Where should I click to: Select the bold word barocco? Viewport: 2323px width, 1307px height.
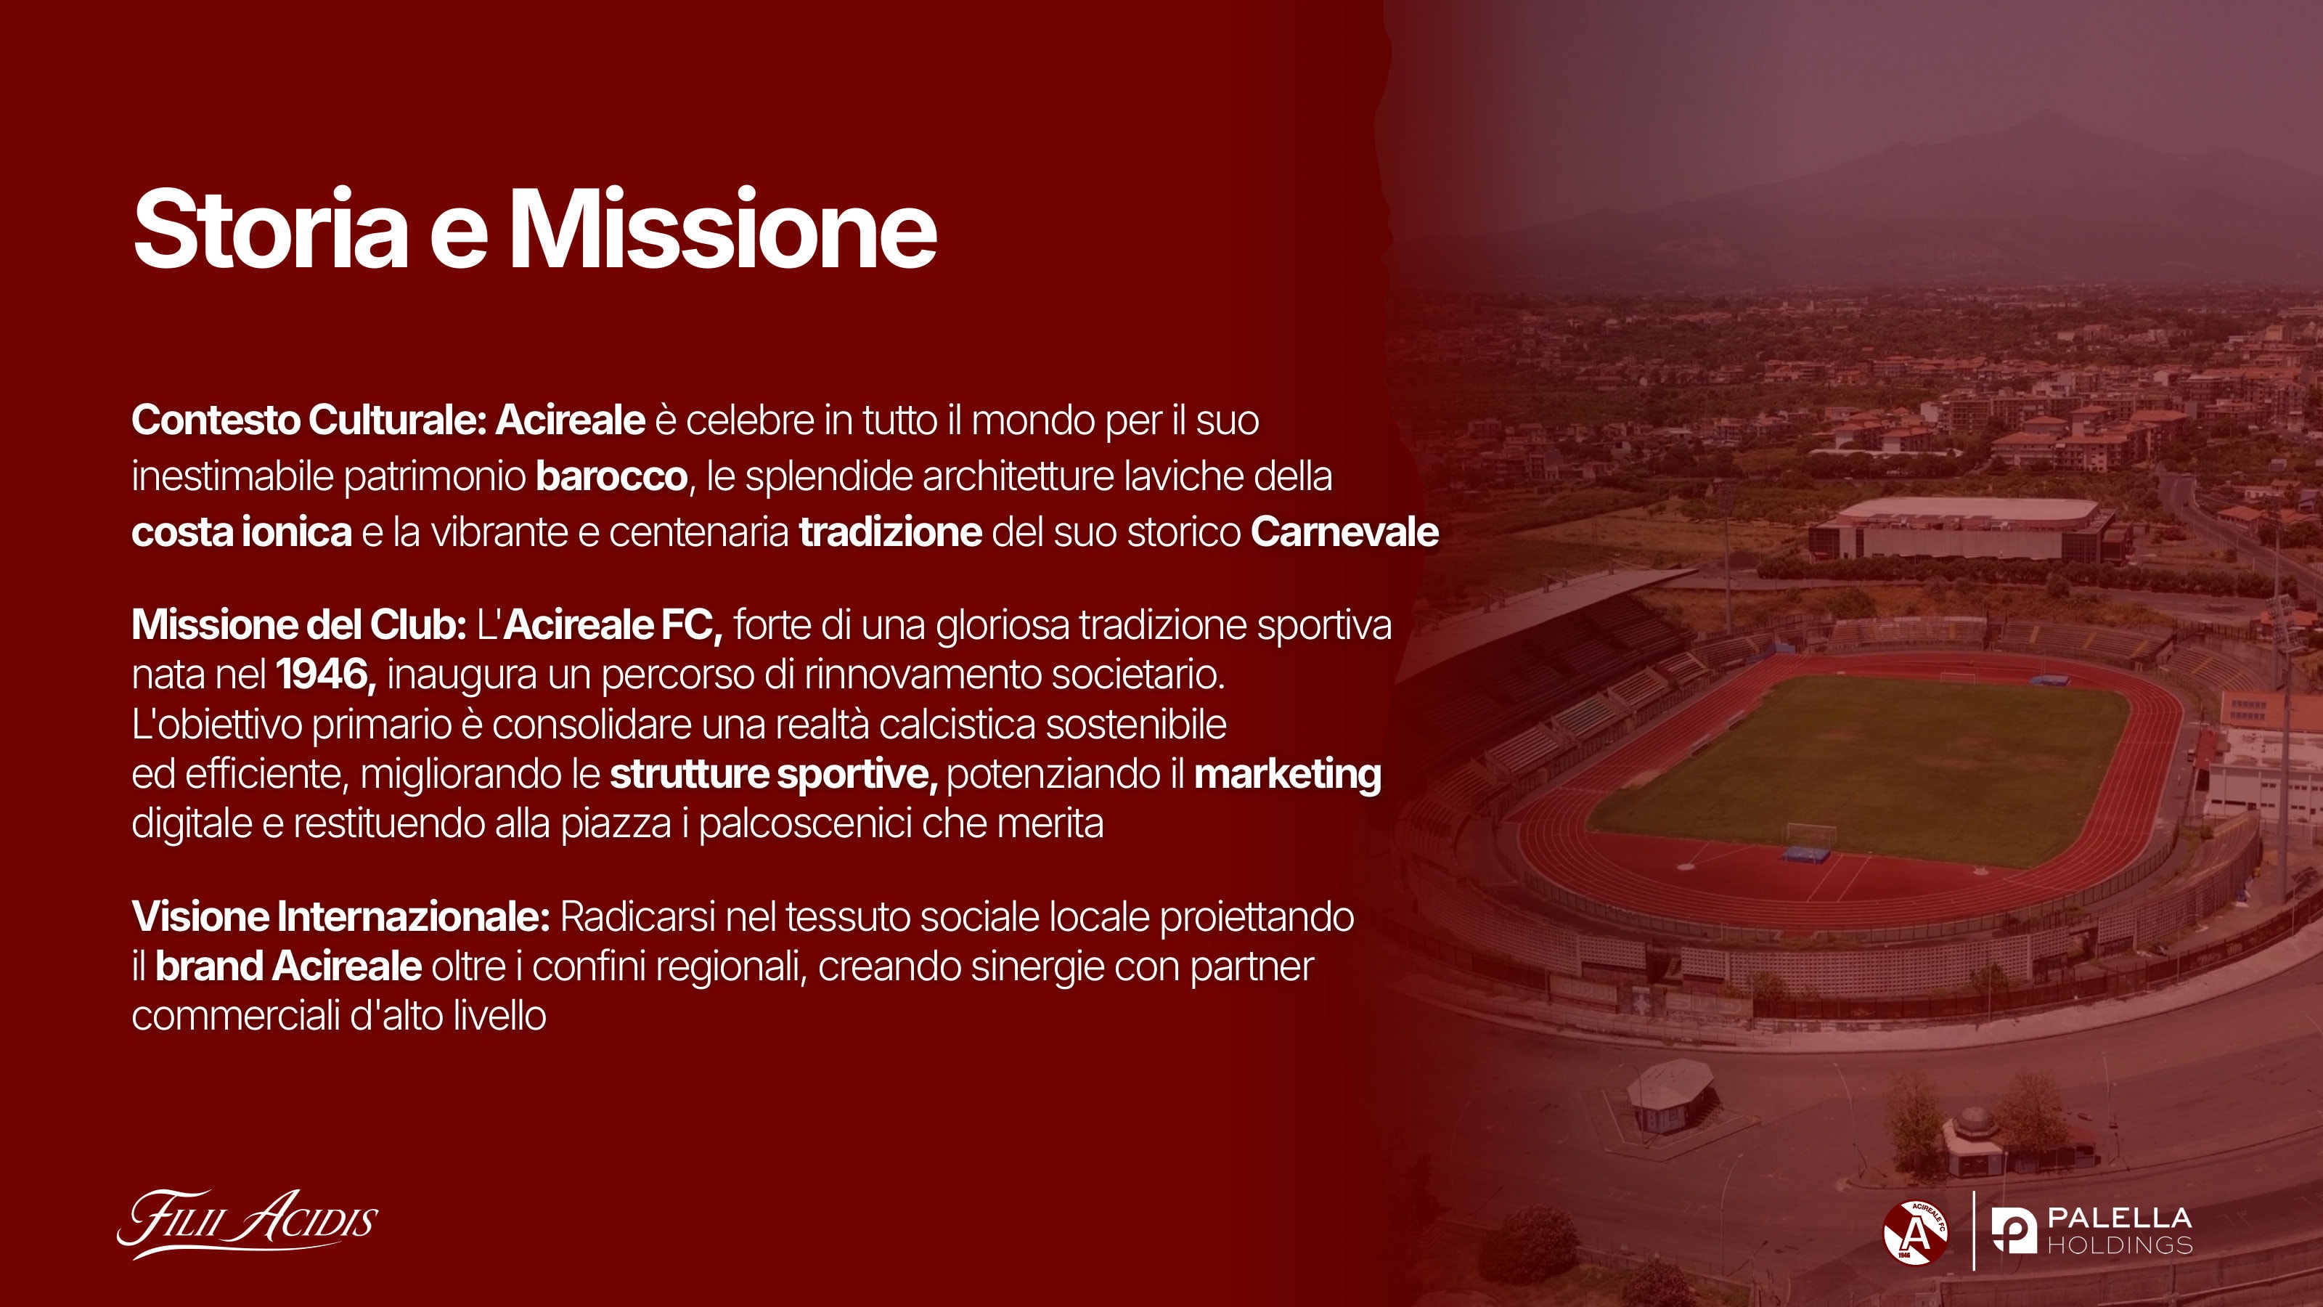(x=611, y=476)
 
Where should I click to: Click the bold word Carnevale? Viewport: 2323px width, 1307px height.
(x=1344, y=532)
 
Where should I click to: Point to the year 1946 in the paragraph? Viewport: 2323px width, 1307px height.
(x=325, y=675)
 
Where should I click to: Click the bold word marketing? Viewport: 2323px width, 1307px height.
(x=1288, y=775)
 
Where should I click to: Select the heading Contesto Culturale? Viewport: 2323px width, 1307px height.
(x=309, y=420)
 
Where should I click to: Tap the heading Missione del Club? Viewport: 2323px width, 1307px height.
(x=298, y=625)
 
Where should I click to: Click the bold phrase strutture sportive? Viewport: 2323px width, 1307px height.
(x=774, y=775)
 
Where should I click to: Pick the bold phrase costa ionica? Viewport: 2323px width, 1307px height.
(x=242, y=532)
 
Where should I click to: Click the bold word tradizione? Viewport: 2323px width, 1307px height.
(x=890, y=532)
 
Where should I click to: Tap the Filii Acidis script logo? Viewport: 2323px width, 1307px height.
(x=247, y=1224)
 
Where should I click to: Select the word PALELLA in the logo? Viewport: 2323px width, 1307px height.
(x=2119, y=1218)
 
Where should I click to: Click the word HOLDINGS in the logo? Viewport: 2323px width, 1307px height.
(x=2119, y=1246)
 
